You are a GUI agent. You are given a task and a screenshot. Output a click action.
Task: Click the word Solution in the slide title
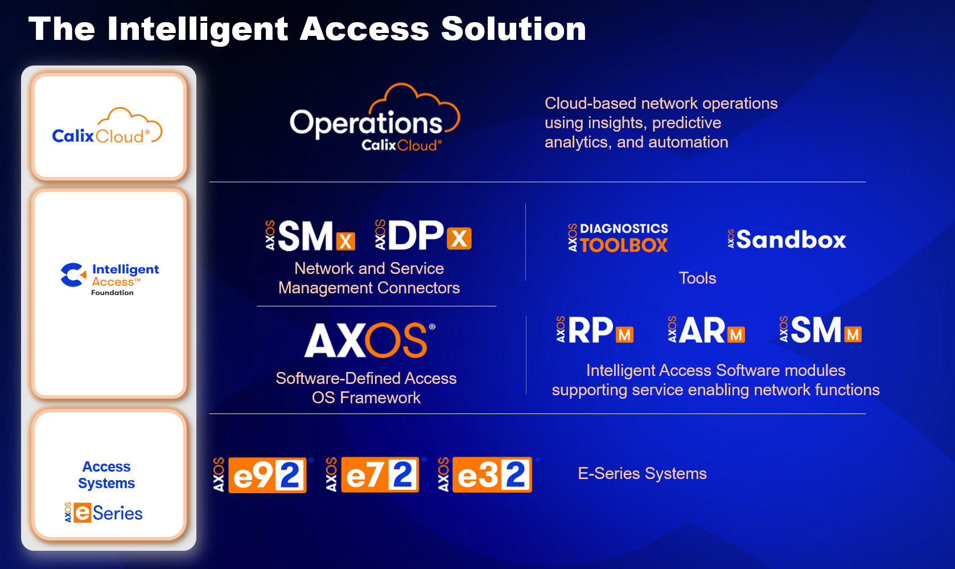pos(513,29)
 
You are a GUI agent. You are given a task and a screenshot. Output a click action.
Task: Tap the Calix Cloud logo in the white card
pos(107,126)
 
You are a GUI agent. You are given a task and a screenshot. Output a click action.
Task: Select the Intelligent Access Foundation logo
pos(110,280)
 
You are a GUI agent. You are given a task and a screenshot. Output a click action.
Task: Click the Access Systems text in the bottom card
pos(106,474)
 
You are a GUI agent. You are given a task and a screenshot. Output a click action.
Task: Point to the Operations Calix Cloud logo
pos(374,117)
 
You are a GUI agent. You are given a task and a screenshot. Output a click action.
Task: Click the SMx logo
pos(310,235)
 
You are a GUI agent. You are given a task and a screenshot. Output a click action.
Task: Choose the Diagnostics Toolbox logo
pos(618,237)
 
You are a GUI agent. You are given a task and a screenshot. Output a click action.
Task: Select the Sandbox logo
pos(787,239)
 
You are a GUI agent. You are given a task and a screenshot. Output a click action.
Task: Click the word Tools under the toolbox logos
pos(698,278)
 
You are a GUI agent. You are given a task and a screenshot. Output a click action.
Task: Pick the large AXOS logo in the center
pos(369,340)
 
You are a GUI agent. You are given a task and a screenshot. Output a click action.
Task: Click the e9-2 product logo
pos(262,474)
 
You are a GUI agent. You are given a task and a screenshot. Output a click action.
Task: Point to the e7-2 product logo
pos(376,474)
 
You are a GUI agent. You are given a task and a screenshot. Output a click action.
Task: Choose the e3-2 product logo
pos(488,474)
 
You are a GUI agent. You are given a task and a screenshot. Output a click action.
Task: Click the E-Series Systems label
pos(642,473)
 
